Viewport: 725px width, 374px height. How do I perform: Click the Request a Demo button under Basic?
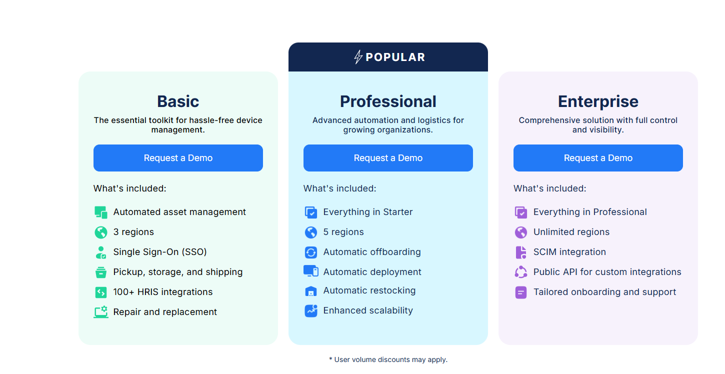[178, 158]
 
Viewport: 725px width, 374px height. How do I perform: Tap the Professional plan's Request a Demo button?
[388, 158]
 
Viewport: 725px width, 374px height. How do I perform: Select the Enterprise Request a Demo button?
[598, 158]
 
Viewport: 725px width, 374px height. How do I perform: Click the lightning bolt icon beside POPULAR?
[358, 57]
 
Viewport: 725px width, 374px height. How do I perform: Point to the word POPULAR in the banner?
[395, 57]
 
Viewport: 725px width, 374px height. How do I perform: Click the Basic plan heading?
[178, 101]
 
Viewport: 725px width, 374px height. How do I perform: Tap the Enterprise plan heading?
[598, 101]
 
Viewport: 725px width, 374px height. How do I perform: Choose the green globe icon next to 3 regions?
[101, 232]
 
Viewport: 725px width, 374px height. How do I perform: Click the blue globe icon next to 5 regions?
[311, 232]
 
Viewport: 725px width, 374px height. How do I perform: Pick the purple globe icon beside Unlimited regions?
[521, 232]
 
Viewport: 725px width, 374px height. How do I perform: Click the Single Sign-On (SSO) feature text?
[160, 252]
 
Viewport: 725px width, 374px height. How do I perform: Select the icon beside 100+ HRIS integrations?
[101, 292]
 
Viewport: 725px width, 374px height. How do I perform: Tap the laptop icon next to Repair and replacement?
[101, 312]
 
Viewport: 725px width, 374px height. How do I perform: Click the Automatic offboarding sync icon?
[311, 252]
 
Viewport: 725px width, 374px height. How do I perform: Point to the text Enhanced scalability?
[368, 310]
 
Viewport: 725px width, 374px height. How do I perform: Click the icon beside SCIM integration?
[521, 252]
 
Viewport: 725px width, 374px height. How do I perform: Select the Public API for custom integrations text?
[607, 272]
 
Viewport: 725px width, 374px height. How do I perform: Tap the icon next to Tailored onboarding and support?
[521, 292]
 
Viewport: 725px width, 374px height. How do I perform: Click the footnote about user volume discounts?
[388, 359]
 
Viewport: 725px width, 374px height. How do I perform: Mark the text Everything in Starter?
[368, 212]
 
